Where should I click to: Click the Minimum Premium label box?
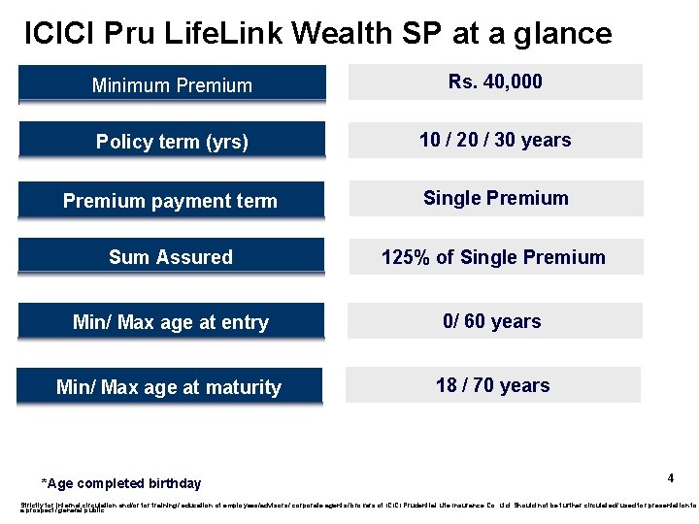(172, 84)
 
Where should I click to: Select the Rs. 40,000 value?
(495, 82)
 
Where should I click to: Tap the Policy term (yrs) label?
(172, 142)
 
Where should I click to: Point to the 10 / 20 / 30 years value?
(495, 140)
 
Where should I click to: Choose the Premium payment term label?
(170, 201)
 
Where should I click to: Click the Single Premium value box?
(495, 198)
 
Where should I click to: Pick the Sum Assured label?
(171, 257)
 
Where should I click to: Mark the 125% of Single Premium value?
(493, 257)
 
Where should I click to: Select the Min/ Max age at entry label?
(171, 322)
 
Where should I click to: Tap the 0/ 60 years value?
(492, 321)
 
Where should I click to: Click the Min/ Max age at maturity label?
(169, 387)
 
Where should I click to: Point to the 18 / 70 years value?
(492, 385)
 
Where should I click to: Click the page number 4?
(670, 478)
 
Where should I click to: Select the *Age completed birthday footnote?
(121, 483)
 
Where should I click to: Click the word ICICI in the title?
(56, 34)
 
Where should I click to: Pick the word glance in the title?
(563, 34)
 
